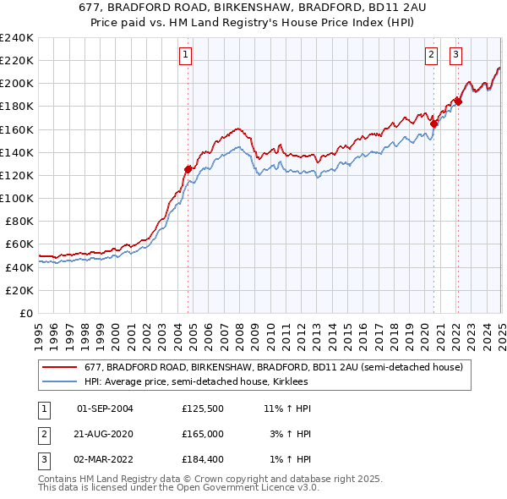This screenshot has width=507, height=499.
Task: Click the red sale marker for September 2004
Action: click(x=188, y=169)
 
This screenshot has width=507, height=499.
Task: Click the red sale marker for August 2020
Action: click(x=433, y=123)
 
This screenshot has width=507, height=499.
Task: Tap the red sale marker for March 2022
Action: click(x=457, y=101)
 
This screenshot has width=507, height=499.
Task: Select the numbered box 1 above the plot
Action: click(x=185, y=56)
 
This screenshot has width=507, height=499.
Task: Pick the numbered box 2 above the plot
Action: click(x=431, y=56)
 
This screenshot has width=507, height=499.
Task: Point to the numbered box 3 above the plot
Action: click(x=455, y=56)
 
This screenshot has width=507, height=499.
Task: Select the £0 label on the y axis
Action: click(x=25, y=313)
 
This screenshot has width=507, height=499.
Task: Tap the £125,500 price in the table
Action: click(x=202, y=409)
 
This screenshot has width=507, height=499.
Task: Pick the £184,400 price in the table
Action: click(x=202, y=460)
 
